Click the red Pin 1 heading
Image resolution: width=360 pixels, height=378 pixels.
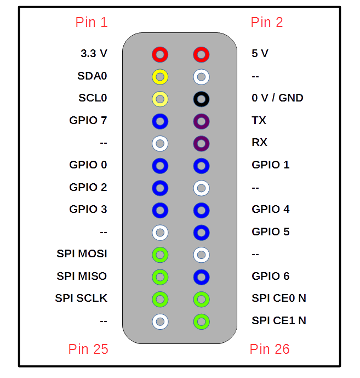tap(92, 22)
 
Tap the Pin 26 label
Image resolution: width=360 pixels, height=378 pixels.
tap(270, 349)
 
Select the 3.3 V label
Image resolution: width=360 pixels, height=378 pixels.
tap(94, 54)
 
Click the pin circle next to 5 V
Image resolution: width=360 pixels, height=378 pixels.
tap(201, 54)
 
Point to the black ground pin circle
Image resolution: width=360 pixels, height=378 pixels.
tap(201, 99)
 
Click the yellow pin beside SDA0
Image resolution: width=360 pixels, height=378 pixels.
tap(160, 76)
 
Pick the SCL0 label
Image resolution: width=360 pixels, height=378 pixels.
tap(93, 98)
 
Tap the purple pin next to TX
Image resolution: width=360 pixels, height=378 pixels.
tap(201, 121)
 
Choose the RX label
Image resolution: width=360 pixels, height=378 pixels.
tap(259, 143)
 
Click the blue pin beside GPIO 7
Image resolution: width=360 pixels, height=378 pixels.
tap(160, 121)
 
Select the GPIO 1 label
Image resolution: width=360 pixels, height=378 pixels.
tap(271, 165)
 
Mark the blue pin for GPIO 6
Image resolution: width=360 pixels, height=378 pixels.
tap(201, 277)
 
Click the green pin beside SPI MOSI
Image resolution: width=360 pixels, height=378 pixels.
tap(160, 255)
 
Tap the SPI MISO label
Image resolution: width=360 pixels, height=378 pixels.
tap(82, 276)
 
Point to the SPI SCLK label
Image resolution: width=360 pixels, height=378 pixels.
tap(81, 298)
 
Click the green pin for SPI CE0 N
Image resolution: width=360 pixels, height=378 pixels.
tap(201, 299)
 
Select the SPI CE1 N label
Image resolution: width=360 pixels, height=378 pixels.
tap(279, 320)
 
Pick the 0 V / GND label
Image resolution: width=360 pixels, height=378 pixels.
tap(277, 98)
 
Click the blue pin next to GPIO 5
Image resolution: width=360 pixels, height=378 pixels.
tap(201, 232)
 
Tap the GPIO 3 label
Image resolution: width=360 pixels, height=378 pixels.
tap(88, 209)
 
